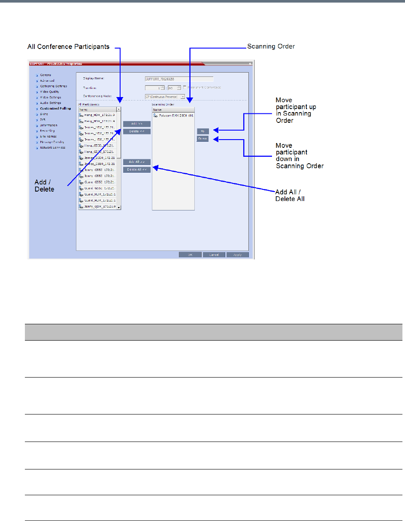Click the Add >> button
[136, 124]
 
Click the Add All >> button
[136, 162]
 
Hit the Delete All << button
[136, 170]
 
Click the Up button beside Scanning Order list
[202, 131]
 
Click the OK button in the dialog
[190, 255]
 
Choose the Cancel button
[214, 255]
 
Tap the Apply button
[237, 255]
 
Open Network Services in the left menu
[53, 147]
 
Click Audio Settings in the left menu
[50, 103]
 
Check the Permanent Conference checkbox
[184, 87]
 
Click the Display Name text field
[179, 79]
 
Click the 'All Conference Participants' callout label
[68, 46]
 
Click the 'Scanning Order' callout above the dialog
[271, 46]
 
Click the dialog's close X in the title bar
[250, 64]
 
